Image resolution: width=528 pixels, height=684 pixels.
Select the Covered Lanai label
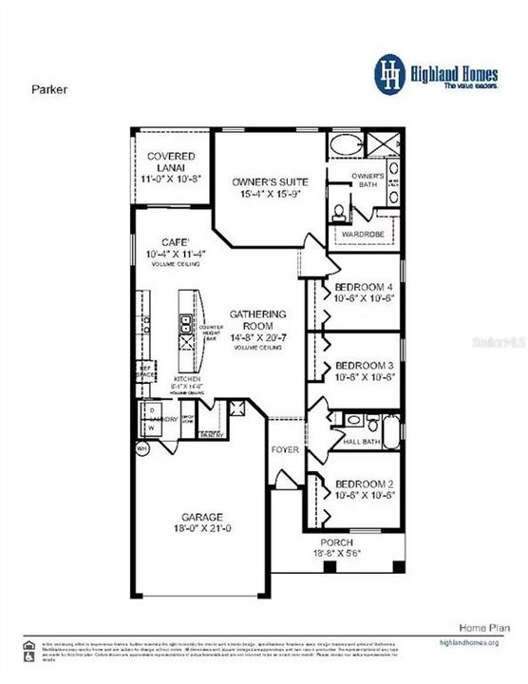click(170, 156)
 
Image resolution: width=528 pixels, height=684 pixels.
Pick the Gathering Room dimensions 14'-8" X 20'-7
click(255, 336)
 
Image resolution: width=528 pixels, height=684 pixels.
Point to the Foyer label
click(285, 449)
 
